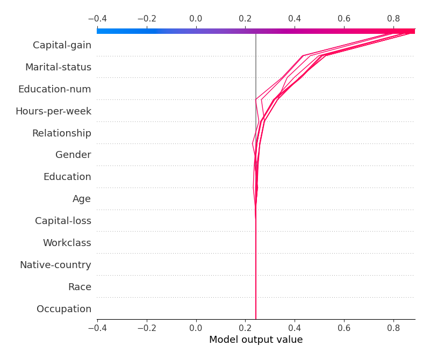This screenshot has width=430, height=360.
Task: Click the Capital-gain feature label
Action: click(x=62, y=45)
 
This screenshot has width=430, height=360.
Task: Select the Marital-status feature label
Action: click(x=58, y=67)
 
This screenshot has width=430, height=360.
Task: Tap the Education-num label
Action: click(x=54, y=89)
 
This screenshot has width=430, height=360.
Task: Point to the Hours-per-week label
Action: click(x=53, y=111)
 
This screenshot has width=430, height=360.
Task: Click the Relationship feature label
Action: click(x=61, y=133)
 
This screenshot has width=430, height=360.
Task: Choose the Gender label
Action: click(x=73, y=155)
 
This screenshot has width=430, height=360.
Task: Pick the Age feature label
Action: click(x=82, y=199)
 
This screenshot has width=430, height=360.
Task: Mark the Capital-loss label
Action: click(x=63, y=221)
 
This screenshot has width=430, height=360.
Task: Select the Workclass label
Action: click(x=67, y=243)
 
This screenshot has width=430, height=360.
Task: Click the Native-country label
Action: click(x=55, y=265)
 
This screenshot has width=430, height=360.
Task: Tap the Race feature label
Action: click(x=80, y=287)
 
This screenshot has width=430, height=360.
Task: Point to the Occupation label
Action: click(x=64, y=309)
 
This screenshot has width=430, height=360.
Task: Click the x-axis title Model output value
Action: click(x=256, y=340)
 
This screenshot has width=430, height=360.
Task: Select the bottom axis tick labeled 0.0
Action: click(x=196, y=327)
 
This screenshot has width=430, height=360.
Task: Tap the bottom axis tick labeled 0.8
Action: click(x=393, y=327)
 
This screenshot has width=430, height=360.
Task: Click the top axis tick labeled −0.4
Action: click(x=97, y=19)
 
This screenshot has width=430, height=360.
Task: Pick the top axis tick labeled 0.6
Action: click(x=344, y=19)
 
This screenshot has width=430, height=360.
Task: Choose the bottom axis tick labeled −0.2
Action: click(x=146, y=327)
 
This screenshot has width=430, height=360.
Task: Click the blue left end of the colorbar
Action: click(x=100, y=31)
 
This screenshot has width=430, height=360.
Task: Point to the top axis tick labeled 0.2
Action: click(x=245, y=19)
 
